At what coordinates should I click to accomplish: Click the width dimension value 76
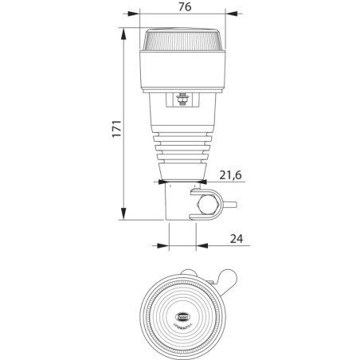(x=184, y=8)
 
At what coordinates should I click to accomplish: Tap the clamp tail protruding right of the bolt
(x=230, y=204)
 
